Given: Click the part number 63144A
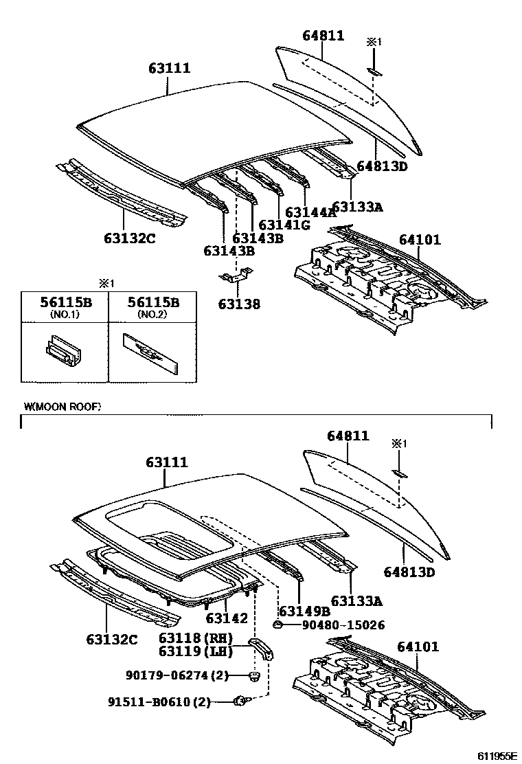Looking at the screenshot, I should point(310,212).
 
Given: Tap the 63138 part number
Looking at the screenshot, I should point(239,303).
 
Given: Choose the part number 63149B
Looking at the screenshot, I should point(305,611).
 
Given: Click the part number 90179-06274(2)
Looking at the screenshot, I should point(167,676).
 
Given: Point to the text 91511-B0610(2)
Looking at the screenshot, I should point(159,701).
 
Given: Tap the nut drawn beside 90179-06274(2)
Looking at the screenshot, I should point(254,677).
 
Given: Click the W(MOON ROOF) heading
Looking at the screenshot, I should point(63,407).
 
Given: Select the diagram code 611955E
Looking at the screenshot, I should point(497,756).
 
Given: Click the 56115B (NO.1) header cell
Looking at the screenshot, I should point(65,306).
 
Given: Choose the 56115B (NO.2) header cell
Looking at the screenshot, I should point(152,306).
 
